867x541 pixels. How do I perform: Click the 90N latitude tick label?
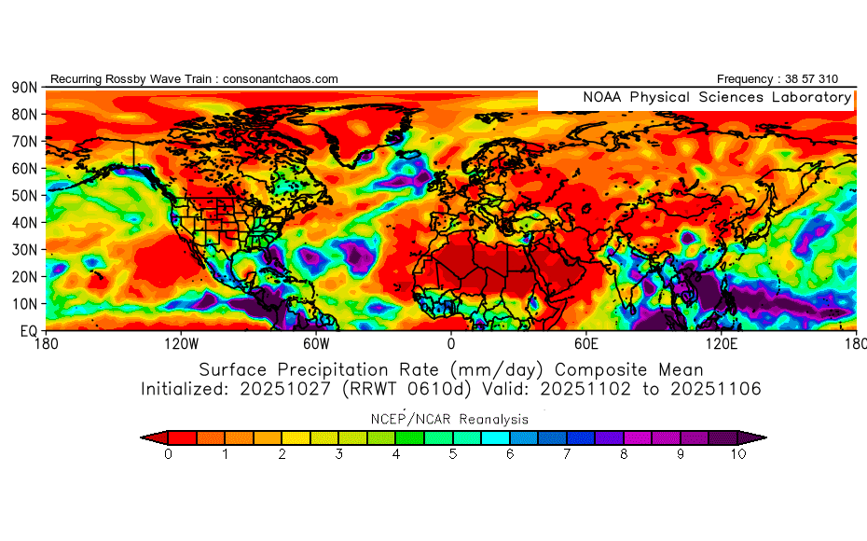[x=23, y=87]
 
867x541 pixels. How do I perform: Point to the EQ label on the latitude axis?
[x=27, y=331]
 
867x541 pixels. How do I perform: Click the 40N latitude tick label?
[x=23, y=223]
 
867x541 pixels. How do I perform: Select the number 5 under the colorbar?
[x=453, y=455]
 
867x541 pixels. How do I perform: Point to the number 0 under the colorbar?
[x=168, y=455]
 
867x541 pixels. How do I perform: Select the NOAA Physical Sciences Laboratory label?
[x=716, y=97]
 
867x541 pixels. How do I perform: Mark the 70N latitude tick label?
[x=23, y=141]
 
